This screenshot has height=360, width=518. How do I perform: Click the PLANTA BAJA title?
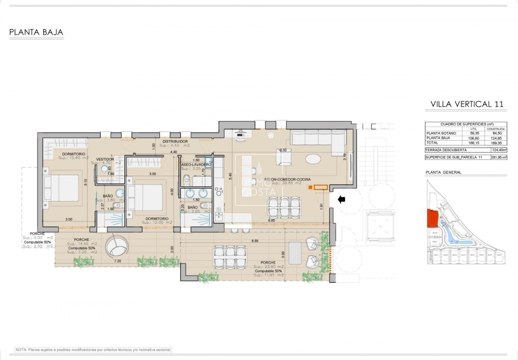click(36, 33)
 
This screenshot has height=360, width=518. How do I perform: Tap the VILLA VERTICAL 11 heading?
click(467, 104)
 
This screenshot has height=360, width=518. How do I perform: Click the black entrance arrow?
click(341, 200)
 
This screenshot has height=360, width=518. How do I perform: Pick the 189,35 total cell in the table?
click(496, 143)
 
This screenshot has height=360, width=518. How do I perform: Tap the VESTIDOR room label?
click(105, 159)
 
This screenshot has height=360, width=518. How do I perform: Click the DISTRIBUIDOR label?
click(175, 142)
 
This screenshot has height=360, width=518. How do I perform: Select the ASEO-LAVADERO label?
click(196, 165)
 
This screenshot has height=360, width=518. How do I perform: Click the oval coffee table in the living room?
click(314, 158)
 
